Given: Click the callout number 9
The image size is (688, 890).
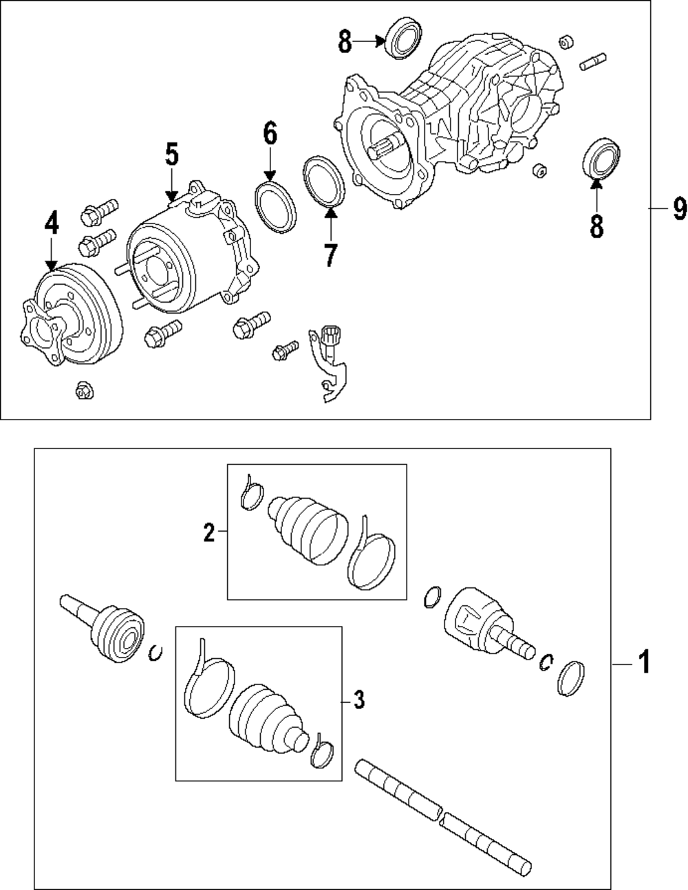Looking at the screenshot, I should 678,208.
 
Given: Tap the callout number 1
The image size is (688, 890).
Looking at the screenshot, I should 643,664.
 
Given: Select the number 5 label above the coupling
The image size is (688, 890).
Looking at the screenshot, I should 171,155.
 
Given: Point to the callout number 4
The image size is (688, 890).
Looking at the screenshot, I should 52,223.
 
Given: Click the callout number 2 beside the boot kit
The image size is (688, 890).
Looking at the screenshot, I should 208,532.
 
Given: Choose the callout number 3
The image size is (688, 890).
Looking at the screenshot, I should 358,700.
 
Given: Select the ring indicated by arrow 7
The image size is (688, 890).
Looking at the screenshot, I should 325,181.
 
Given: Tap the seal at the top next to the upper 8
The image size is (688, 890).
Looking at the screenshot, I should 405,39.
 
